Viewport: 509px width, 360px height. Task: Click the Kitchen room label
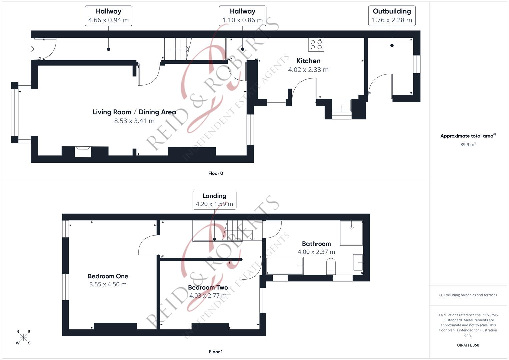click(308, 61)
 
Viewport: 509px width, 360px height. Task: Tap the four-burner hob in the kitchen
click(316, 45)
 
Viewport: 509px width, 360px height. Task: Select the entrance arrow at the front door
click(31, 49)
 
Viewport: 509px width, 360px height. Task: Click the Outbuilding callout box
click(392, 16)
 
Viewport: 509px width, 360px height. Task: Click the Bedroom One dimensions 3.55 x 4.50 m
click(108, 284)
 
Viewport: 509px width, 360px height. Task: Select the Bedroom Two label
click(208, 287)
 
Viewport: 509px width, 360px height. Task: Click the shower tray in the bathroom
click(351, 233)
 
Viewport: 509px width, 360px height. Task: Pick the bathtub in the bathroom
click(285, 266)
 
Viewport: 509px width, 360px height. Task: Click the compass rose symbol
click(23, 337)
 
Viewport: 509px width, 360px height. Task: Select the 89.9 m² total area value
click(468, 145)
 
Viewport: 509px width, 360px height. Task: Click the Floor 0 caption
click(216, 173)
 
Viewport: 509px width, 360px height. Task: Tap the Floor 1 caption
click(216, 352)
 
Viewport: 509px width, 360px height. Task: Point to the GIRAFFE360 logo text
click(468, 345)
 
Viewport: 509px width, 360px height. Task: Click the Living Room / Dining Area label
click(134, 112)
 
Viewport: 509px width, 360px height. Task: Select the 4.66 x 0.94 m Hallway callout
click(108, 16)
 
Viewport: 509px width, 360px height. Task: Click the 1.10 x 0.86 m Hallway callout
click(242, 16)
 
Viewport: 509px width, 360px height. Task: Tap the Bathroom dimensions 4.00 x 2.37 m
click(316, 252)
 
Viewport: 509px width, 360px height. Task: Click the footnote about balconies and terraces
click(468, 295)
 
